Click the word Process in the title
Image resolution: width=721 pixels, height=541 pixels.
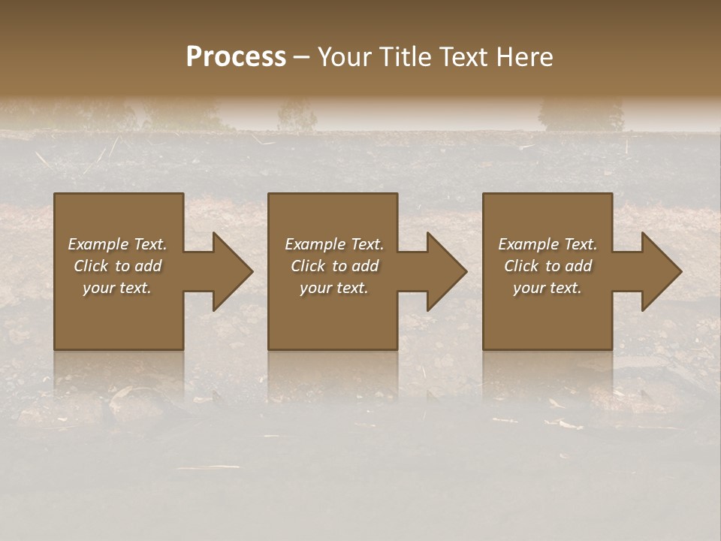(236, 57)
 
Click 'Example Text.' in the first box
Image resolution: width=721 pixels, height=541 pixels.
(117, 244)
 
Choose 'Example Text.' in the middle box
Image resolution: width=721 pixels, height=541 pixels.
(334, 244)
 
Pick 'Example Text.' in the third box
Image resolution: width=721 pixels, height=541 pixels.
(548, 244)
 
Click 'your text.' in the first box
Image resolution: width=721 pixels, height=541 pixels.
(117, 288)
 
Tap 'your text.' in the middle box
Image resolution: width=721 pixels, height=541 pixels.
(334, 288)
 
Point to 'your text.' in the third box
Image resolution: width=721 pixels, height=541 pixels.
(548, 288)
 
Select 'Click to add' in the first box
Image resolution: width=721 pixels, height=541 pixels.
(117, 266)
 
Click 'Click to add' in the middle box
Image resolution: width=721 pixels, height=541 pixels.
(334, 266)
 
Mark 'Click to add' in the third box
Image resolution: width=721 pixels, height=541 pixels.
(548, 266)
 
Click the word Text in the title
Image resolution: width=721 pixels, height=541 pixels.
(463, 57)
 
